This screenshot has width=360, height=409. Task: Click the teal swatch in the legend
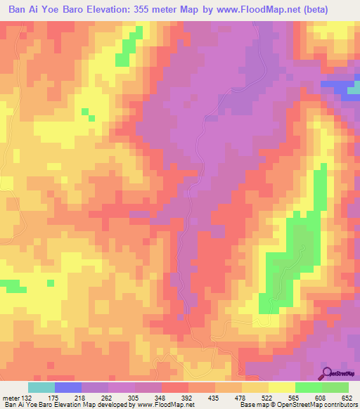pos(41,387)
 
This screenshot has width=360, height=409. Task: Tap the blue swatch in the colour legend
pos(68,387)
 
